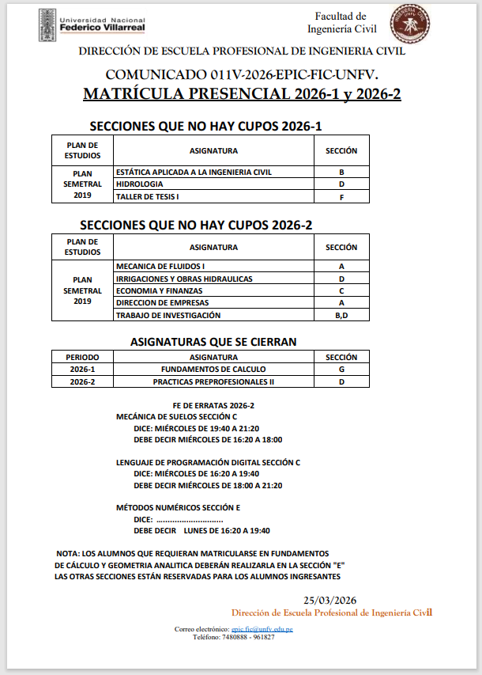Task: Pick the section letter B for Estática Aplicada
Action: click(341, 172)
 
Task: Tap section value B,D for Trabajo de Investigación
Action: click(341, 316)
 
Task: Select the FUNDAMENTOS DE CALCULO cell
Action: click(213, 370)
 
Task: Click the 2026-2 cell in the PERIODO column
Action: click(82, 382)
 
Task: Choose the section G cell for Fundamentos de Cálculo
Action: click(341, 370)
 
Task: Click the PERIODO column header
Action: click(82, 357)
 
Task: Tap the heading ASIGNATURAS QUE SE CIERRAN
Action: click(213, 342)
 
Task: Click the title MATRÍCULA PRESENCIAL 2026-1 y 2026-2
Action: click(242, 94)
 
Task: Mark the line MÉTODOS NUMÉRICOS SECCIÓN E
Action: click(178, 507)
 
